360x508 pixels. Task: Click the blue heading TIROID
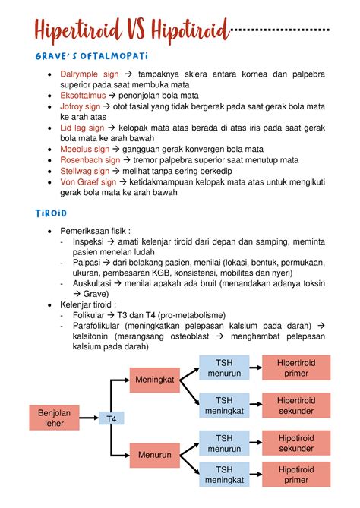click(46, 213)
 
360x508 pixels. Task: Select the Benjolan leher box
click(54, 417)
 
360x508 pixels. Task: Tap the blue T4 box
click(111, 418)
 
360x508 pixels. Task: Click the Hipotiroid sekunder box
click(296, 443)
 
